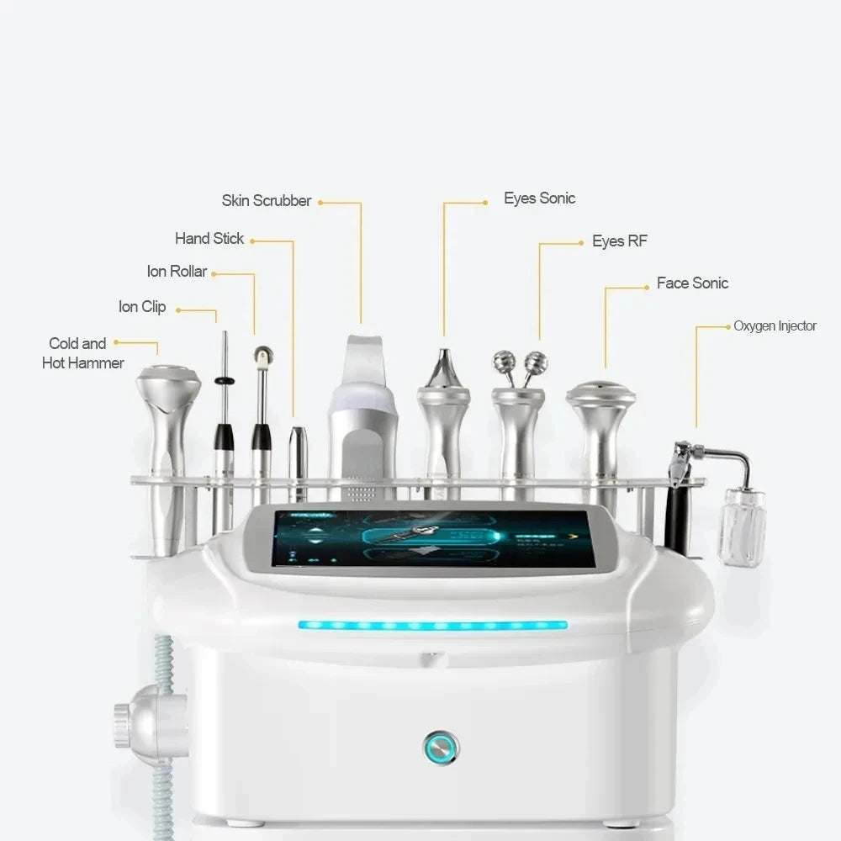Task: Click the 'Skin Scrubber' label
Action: (266, 201)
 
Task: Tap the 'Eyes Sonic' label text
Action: (539, 198)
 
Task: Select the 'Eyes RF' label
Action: (619, 241)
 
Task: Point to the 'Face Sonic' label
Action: (692, 283)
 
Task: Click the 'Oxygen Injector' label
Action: (775, 326)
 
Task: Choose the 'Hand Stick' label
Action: (209, 239)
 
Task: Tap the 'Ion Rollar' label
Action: (177, 272)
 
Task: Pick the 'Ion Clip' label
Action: (142, 307)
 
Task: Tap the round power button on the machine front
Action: (441, 746)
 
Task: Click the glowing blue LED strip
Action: (432, 626)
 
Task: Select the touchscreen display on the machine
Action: (432, 538)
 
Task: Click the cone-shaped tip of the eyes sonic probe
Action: (444, 368)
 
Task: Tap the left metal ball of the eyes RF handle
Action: (504, 363)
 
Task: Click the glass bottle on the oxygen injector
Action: (741, 526)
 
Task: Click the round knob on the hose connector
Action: (124, 721)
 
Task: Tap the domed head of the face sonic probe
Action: (600, 393)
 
